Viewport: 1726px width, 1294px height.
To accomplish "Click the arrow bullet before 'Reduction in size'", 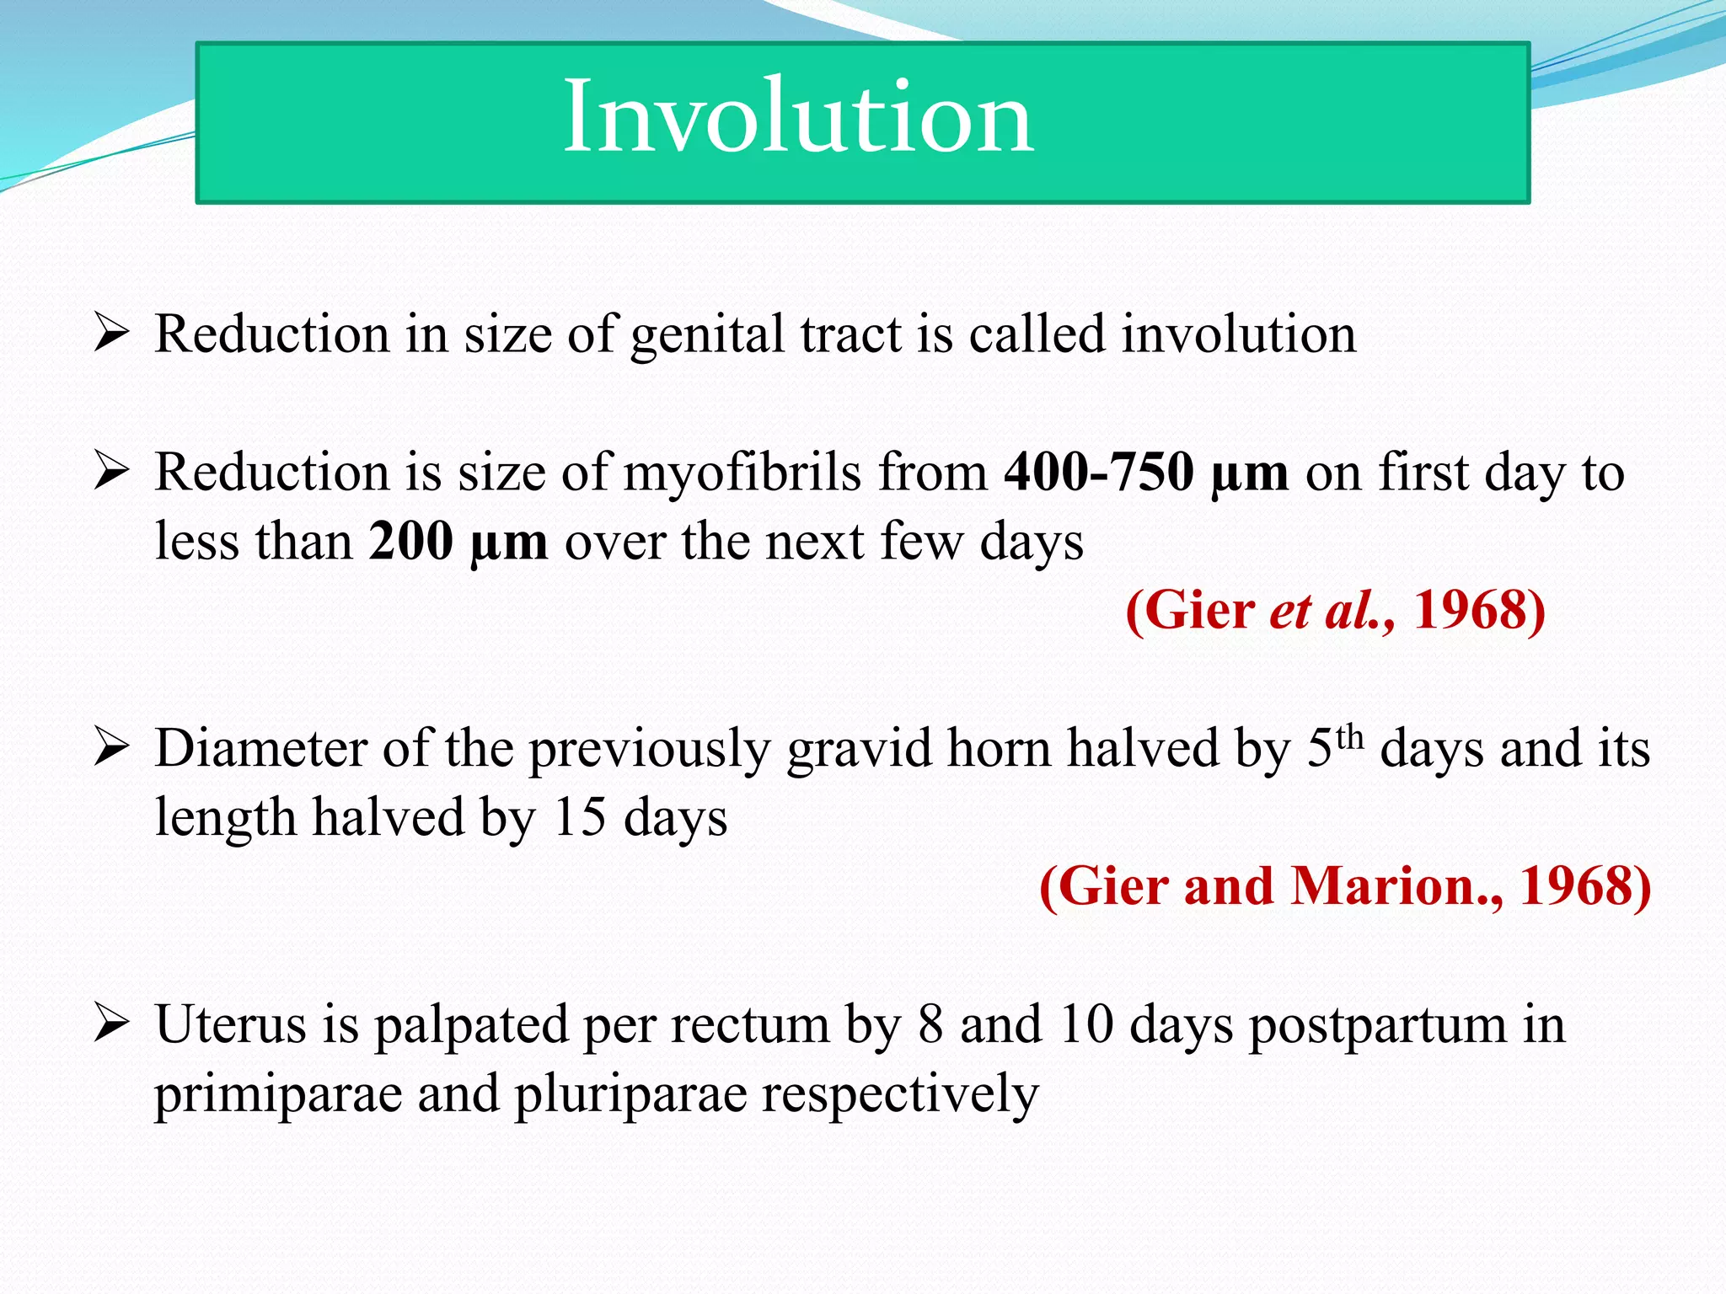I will [x=111, y=334].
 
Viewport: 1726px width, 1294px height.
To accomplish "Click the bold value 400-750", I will [x=1098, y=472].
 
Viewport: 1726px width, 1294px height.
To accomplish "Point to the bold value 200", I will [x=410, y=541].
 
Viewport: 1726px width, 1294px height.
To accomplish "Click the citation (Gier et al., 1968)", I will [x=1335, y=610].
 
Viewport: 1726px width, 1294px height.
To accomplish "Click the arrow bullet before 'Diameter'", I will [x=111, y=748].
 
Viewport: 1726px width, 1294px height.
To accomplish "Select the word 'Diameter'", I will [x=261, y=748].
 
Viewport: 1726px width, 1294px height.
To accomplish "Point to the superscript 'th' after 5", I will [x=1349, y=736].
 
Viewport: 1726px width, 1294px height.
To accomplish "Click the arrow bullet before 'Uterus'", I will [x=111, y=1024].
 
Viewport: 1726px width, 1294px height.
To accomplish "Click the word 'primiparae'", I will [x=277, y=1095].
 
